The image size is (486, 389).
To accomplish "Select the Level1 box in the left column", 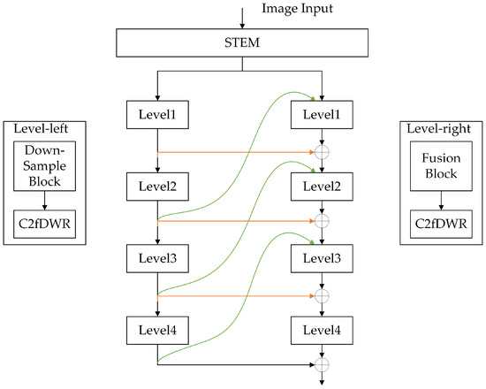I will [157, 114].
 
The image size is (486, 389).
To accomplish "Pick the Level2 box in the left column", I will [157, 187].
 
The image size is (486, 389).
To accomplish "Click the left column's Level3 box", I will [157, 260].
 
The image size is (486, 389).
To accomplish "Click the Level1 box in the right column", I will [322, 114].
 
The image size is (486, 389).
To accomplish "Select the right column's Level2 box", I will [322, 187].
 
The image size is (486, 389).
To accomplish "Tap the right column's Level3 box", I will [322, 260].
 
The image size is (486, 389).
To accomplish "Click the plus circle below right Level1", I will [322, 152].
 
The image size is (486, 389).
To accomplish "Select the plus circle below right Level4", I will [322, 363].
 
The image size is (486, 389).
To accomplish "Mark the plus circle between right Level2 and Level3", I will [322, 220].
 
